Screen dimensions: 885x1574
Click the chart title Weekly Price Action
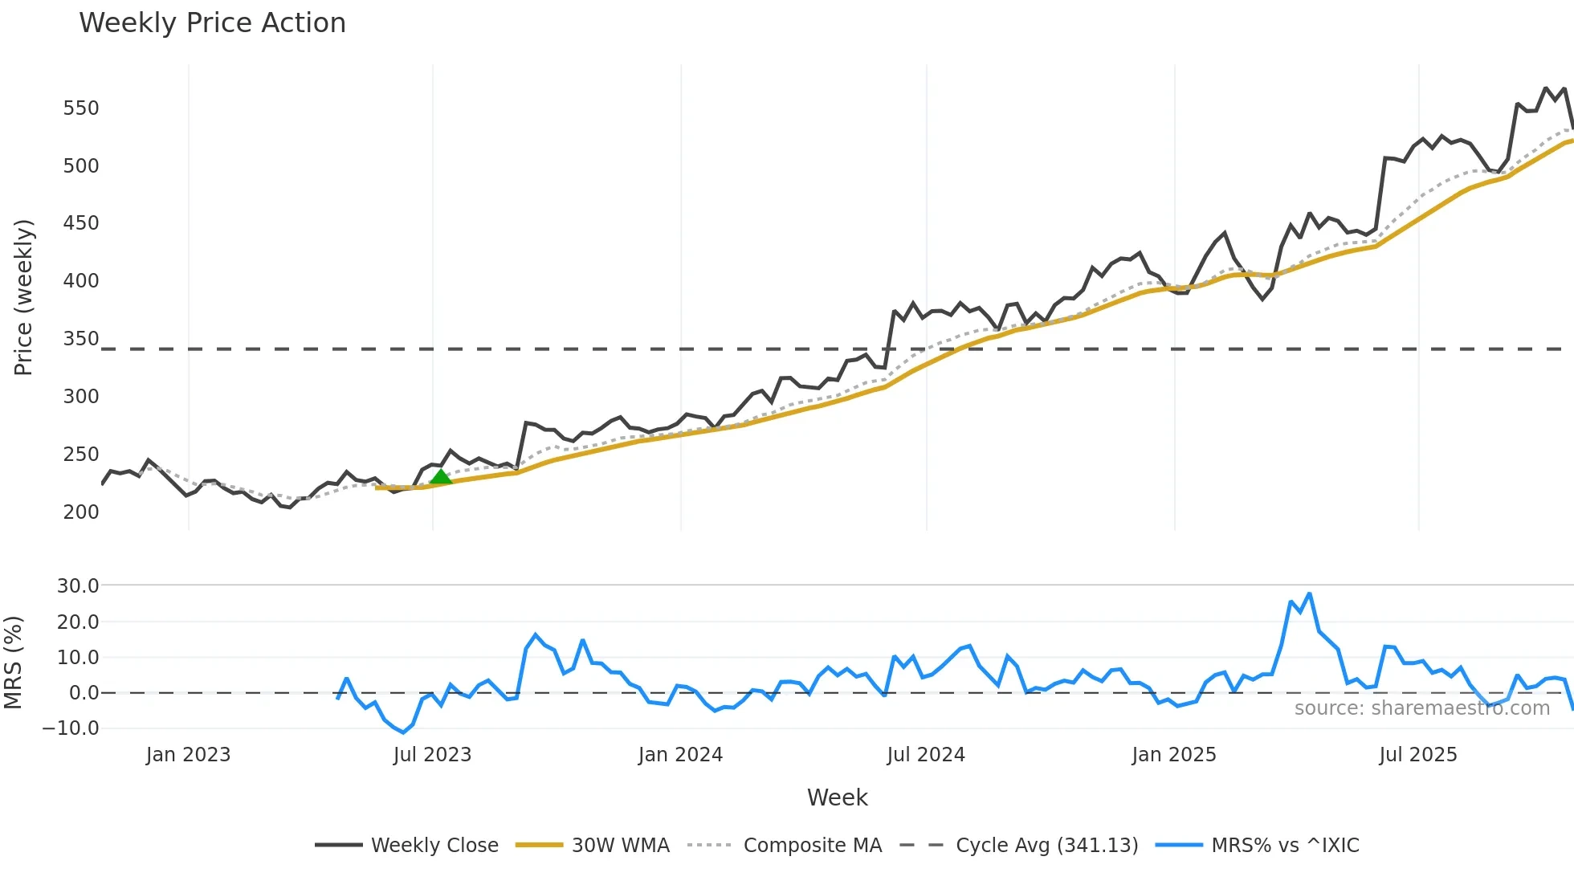coord(212,23)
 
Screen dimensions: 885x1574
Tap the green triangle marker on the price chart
coord(440,477)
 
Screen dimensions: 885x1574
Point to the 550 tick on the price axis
coord(81,108)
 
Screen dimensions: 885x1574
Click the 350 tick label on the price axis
coord(81,339)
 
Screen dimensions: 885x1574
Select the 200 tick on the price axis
coord(81,512)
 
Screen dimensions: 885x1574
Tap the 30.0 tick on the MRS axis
coord(78,586)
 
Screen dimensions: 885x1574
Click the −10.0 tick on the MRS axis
coord(71,728)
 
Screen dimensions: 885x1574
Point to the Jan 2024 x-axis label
coord(680,755)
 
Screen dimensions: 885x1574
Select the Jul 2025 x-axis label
coord(1417,755)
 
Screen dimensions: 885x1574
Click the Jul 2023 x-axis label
coord(432,755)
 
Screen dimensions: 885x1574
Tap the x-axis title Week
coord(837,797)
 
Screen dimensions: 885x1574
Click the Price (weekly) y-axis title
coord(23,297)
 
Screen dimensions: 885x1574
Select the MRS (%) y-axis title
coord(13,663)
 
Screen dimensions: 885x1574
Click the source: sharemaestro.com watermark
coord(1421,708)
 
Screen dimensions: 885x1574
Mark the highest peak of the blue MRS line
coord(1309,594)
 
